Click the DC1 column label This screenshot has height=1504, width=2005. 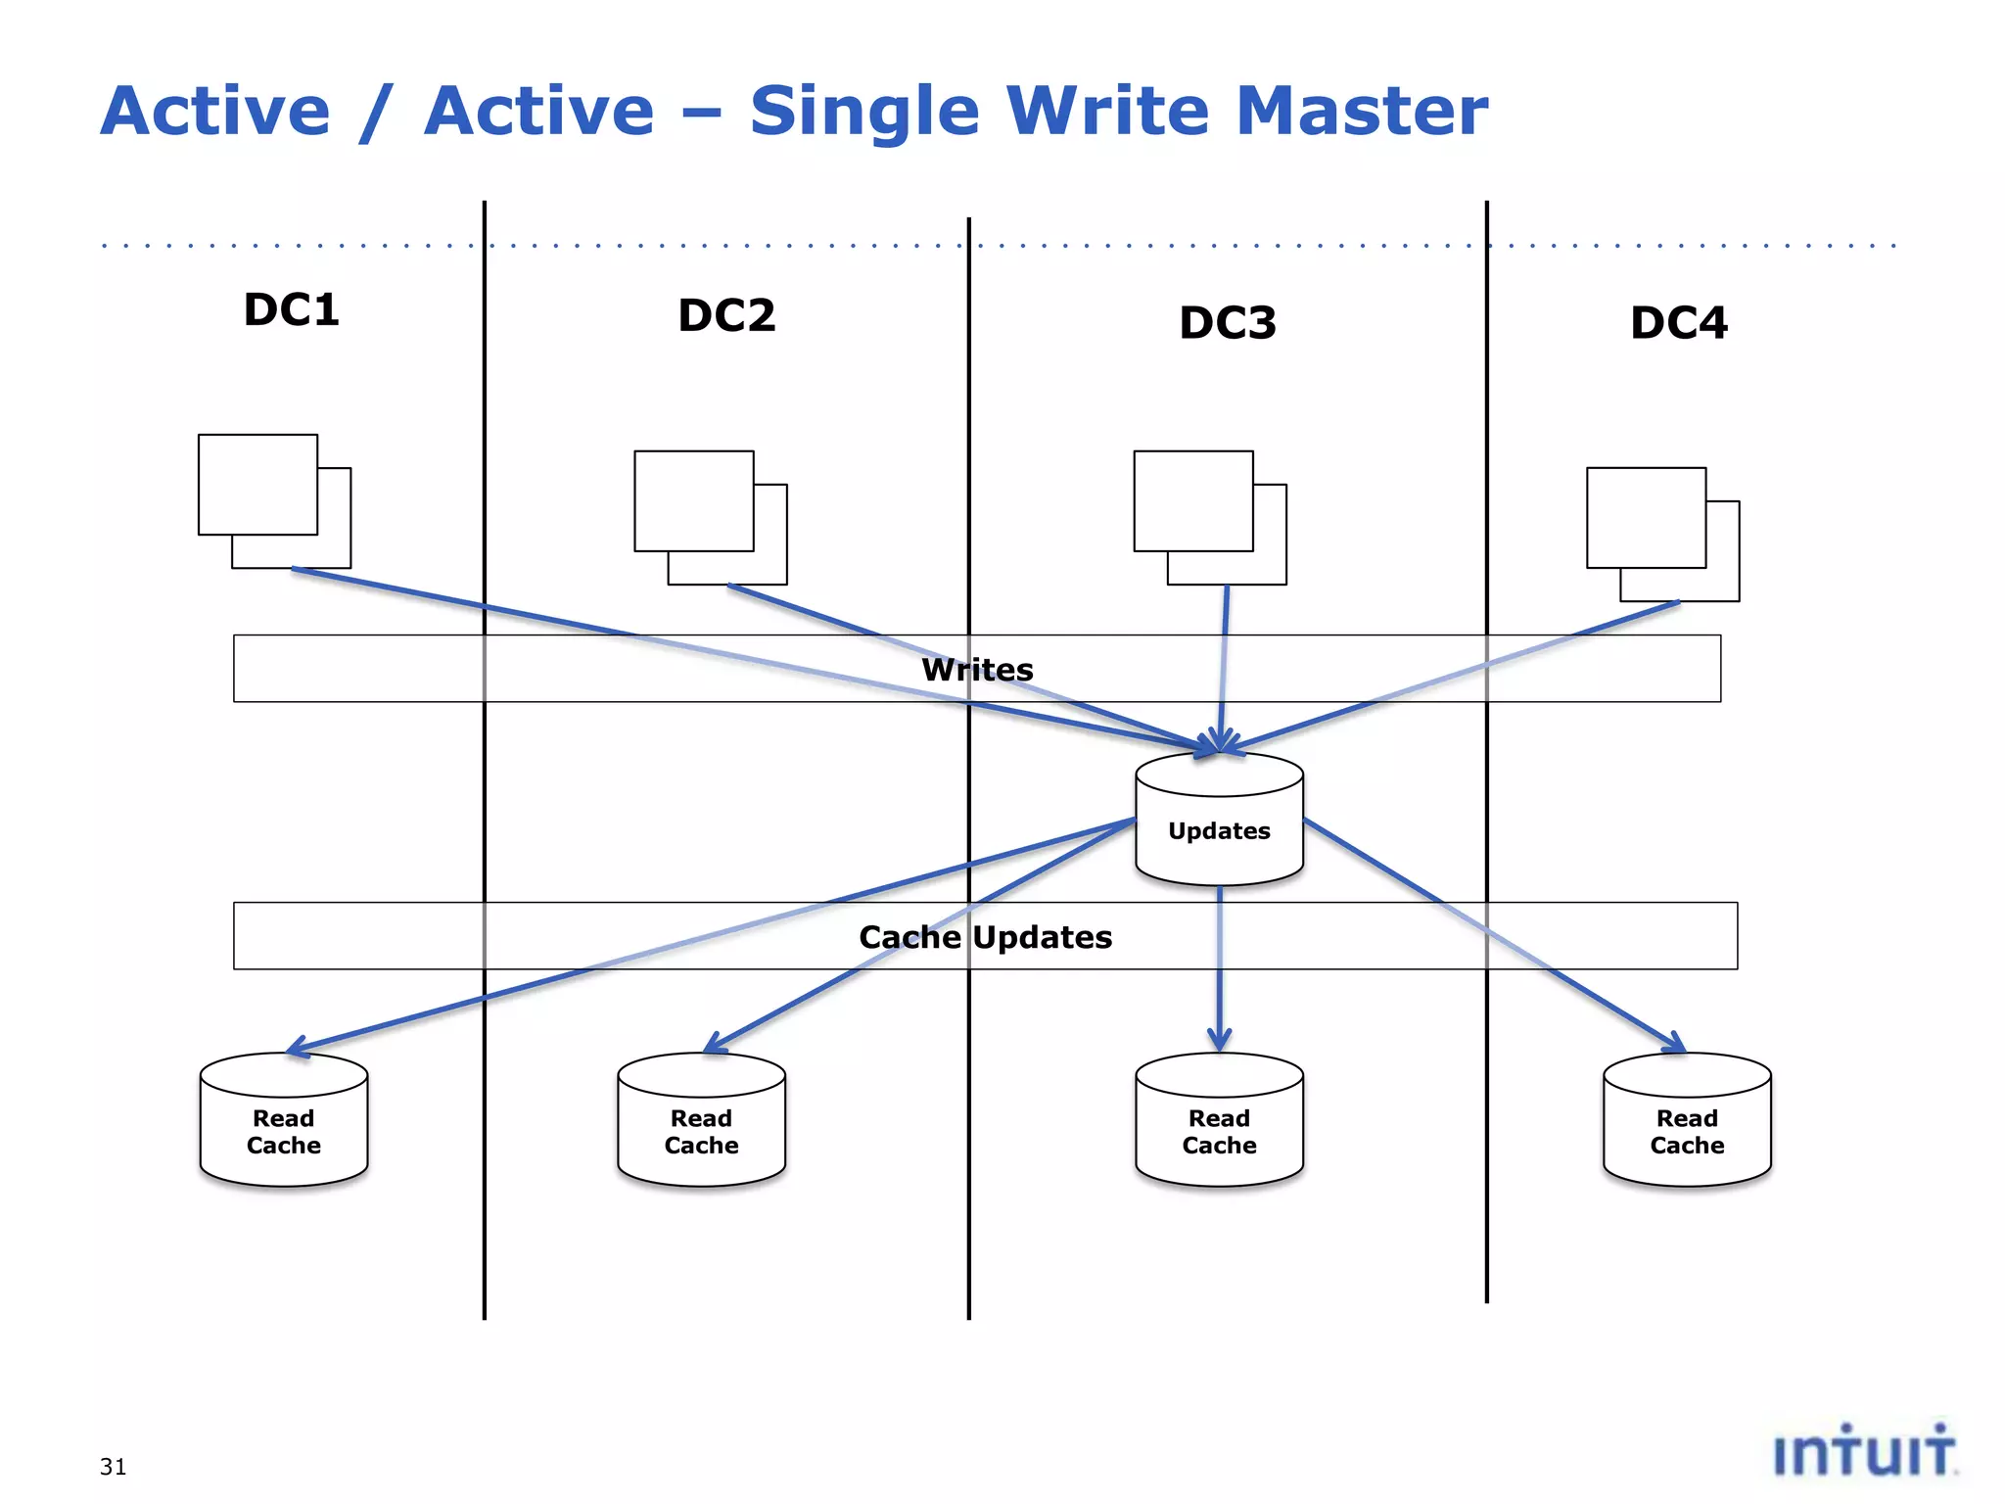point(291,310)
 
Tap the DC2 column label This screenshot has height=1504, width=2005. point(726,316)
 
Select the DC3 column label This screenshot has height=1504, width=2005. point(1228,323)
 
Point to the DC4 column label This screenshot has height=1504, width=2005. point(1679,323)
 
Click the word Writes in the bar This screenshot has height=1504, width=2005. point(977,670)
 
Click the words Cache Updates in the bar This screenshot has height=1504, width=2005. point(985,937)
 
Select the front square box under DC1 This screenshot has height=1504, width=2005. point(257,485)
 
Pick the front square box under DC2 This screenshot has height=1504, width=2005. point(694,501)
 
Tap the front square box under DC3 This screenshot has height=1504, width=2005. point(1193,501)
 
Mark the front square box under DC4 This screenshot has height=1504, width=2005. point(1646,518)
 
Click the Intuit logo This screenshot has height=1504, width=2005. point(1864,1451)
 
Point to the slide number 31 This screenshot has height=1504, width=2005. point(113,1467)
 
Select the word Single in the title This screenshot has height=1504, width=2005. point(863,111)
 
